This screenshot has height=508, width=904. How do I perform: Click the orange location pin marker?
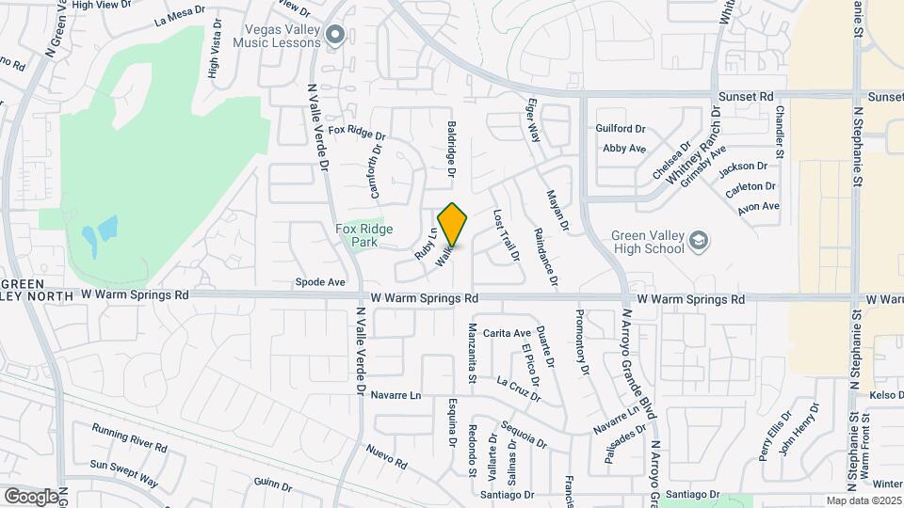pyautogui.click(x=453, y=224)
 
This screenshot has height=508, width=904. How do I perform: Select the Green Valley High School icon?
pyautogui.click(x=698, y=242)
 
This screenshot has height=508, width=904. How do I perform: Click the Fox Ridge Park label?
pyautogui.click(x=357, y=234)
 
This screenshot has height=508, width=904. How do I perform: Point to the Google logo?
pyautogui.click(x=30, y=496)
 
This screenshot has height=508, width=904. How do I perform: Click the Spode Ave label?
pyautogui.click(x=320, y=281)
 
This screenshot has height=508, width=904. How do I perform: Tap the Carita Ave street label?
pyautogui.click(x=507, y=333)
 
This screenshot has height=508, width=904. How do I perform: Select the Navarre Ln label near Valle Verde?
pyautogui.click(x=395, y=395)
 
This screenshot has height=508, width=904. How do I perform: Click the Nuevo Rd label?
pyautogui.click(x=386, y=456)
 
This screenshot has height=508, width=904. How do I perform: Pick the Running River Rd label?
pyautogui.click(x=129, y=437)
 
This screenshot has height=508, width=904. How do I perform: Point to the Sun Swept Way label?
pyautogui.click(x=124, y=472)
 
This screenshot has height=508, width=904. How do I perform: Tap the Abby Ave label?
pyautogui.click(x=624, y=148)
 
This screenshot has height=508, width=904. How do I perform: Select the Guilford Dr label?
pyautogui.click(x=621, y=128)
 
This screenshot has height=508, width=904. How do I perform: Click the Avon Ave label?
pyautogui.click(x=759, y=206)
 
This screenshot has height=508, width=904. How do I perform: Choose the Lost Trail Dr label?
pyautogui.click(x=507, y=235)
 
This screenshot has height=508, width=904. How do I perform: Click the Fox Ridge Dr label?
pyautogui.click(x=359, y=132)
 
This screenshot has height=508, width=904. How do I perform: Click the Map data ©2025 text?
pyautogui.click(x=864, y=500)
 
